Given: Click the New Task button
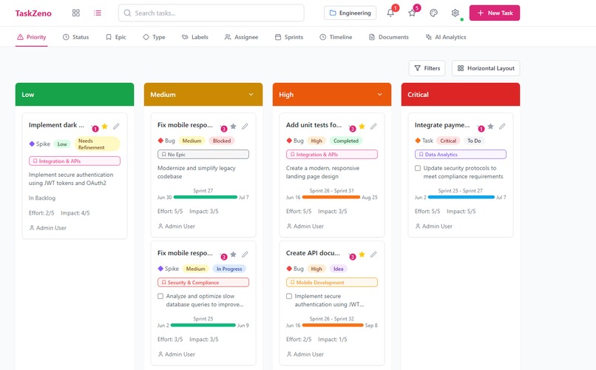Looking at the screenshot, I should pyautogui.click(x=494, y=13).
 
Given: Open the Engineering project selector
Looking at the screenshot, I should pyautogui.click(x=350, y=13).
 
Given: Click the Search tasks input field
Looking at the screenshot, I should pyautogui.click(x=211, y=13).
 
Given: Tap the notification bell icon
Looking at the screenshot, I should pyautogui.click(x=390, y=13).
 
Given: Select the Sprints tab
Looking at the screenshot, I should pyautogui.click(x=288, y=37).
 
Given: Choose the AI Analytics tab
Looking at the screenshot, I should pyautogui.click(x=445, y=37).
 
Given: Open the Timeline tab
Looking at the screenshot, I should pyautogui.click(x=336, y=37).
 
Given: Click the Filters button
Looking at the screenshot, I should pyautogui.click(x=427, y=68).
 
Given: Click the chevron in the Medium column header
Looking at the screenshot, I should pyautogui.click(x=251, y=95).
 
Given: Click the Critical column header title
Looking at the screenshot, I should pyautogui.click(x=418, y=95).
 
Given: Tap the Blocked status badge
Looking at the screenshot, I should pyautogui.click(x=221, y=141).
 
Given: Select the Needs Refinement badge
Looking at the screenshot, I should pyautogui.click(x=96, y=144).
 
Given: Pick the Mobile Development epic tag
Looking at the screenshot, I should pyautogui.click(x=331, y=282).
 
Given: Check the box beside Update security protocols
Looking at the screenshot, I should pyautogui.click(x=418, y=168).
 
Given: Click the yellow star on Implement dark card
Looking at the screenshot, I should pyautogui.click(x=104, y=127).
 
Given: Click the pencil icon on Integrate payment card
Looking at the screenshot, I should pyautogui.click(x=502, y=127).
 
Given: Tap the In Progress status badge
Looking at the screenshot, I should pyautogui.click(x=228, y=269).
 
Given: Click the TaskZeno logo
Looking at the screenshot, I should pyautogui.click(x=33, y=13).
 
